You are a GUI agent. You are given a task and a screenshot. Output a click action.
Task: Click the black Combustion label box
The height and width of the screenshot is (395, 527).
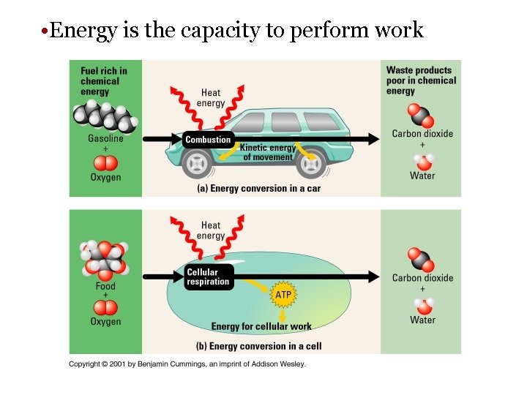pyautogui.click(x=208, y=140)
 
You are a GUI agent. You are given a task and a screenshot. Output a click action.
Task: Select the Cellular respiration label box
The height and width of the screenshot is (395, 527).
pyautogui.click(x=208, y=277)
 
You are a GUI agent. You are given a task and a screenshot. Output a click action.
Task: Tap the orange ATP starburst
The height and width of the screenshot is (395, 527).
pyautogui.click(x=283, y=294)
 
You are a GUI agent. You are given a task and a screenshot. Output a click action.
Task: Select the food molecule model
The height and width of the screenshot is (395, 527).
pyautogui.click(x=105, y=257)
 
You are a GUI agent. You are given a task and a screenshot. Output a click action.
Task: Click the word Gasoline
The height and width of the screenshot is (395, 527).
pyautogui.click(x=105, y=139)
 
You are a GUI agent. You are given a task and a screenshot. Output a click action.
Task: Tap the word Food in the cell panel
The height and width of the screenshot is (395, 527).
pyautogui.click(x=105, y=287)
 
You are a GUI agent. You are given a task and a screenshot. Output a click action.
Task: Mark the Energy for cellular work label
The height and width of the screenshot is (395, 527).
pyautogui.click(x=261, y=326)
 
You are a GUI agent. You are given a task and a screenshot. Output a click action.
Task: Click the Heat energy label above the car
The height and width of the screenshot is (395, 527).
pyautogui.click(x=211, y=98)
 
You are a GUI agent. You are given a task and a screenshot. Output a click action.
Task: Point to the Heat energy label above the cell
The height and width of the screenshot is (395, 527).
pyautogui.click(x=211, y=230)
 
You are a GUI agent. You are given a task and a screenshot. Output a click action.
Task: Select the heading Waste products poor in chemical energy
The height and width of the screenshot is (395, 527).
pyautogui.click(x=421, y=80)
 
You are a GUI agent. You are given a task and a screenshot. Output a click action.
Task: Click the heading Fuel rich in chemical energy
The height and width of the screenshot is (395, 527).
pyautogui.click(x=104, y=80)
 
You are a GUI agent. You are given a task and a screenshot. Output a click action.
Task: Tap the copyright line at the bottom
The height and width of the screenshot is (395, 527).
pyautogui.click(x=187, y=364)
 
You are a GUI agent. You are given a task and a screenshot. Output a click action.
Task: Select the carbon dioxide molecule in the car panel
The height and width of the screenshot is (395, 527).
pyautogui.click(x=421, y=116)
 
